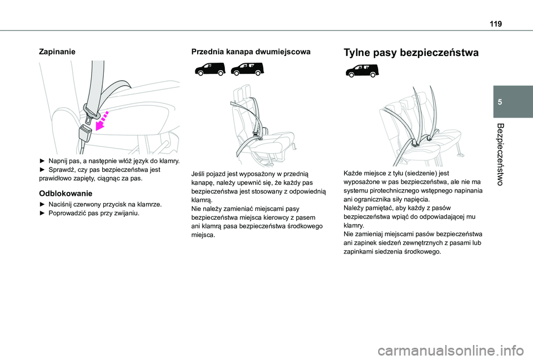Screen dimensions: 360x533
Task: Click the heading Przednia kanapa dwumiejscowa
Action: click(250, 52)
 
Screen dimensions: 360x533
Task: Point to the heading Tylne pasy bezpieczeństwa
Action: click(411, 53)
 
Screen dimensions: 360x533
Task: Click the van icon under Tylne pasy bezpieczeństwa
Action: click(361, 70)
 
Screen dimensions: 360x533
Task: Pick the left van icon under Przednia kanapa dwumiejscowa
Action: click(209, 69)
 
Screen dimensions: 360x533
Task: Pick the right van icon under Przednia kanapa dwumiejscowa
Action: click(247, 69)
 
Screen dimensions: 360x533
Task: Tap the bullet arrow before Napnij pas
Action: click(43, 160)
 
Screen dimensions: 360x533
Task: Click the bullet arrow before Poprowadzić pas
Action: click(43, 214)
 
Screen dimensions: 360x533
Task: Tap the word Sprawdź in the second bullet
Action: click(61, 169)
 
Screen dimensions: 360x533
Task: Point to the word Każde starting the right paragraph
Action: click(354, 174)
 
